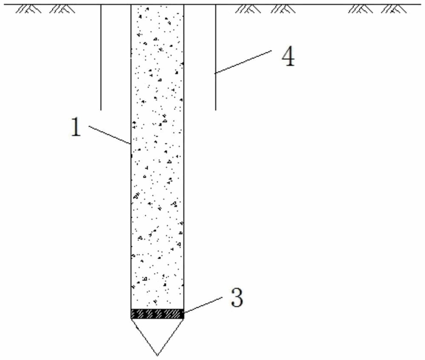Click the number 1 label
click(76, 128)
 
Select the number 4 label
click(288, 57)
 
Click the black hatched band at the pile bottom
click(157, 314)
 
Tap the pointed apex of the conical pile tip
click(157, 355)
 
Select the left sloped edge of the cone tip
click(144, 337)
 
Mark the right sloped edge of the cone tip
click(170, 337)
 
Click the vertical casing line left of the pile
click(101, 57)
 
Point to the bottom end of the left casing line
click(101, 110)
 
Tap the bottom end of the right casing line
click(215, 110)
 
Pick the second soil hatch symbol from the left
click(62, 9)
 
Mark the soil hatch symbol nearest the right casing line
click(249, 9)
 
